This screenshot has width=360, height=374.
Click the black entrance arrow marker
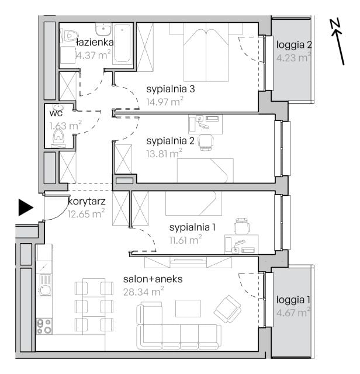[x=26, y=207]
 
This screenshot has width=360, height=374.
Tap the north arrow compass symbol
[x=338, y=42]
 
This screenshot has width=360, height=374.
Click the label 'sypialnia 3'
[x=171, y=89]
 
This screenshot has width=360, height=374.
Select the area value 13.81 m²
[x=164, y=153]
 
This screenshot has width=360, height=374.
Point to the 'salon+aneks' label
[x=153, y=279]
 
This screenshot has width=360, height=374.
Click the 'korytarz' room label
[x=86, y=202]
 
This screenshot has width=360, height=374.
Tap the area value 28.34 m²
[x=144, y=291]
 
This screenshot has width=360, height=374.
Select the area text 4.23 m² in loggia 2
[x=294, y=57]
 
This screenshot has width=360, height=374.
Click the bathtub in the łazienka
[x=122, y=43]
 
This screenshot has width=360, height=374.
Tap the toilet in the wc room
[x=58, y=137]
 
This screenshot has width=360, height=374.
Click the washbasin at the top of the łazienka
[x=103, y=29]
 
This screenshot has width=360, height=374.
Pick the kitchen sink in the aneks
[x=44, y=285]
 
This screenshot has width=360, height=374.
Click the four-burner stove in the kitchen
[x=44, y=326]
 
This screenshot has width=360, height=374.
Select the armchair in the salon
[x=227, y=309]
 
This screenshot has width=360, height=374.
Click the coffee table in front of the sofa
[x=188, y=309]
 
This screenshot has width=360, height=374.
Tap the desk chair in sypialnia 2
[x=206, y=143]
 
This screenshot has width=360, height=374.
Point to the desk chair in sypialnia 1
[x=242, y=226]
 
